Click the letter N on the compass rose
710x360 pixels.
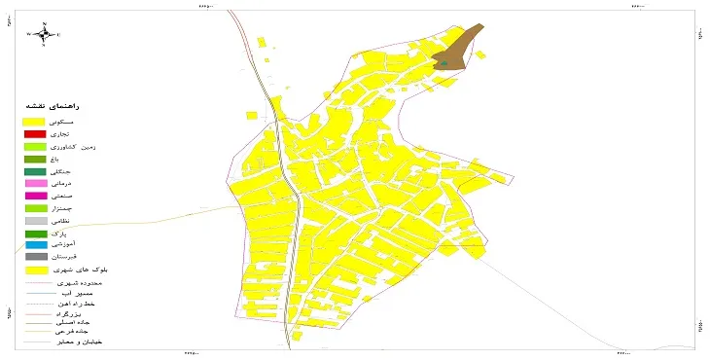pyautogui.click(x=44, y=23)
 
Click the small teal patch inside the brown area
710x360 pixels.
pyautogui.click(x=444, y=63)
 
